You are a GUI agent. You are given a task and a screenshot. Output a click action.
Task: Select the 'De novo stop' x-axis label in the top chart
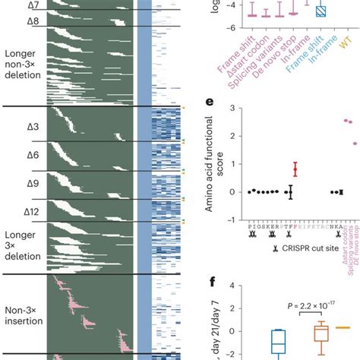287,55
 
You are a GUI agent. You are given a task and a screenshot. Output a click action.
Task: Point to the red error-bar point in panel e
295,169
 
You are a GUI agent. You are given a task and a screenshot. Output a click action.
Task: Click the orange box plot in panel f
322,332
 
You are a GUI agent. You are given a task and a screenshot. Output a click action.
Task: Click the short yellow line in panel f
343,327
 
